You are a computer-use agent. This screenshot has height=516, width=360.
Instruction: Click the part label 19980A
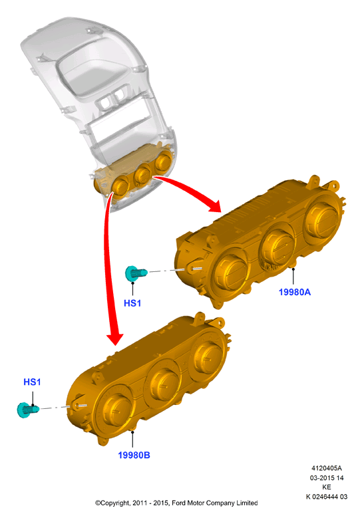(x=295, y=292)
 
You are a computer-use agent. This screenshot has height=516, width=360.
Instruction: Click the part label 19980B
(x=134, y=455)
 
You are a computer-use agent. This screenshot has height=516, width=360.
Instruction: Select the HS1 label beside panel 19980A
(x=132, y=303)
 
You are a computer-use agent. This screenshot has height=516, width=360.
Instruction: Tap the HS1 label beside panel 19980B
(x=32, y=382)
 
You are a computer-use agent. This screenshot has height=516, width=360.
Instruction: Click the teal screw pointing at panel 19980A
(x=136, y=273)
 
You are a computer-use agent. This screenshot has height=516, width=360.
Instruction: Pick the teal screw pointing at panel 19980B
(x=28, y=410)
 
